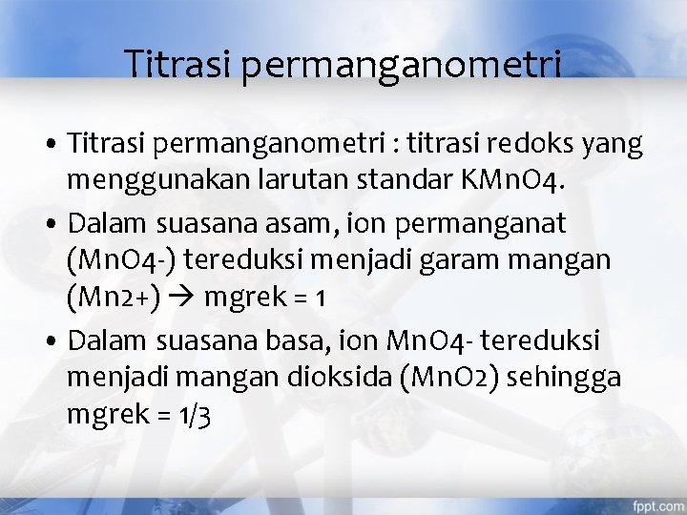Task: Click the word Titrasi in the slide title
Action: (x=181, y=64)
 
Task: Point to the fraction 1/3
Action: (x=195, y=414)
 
